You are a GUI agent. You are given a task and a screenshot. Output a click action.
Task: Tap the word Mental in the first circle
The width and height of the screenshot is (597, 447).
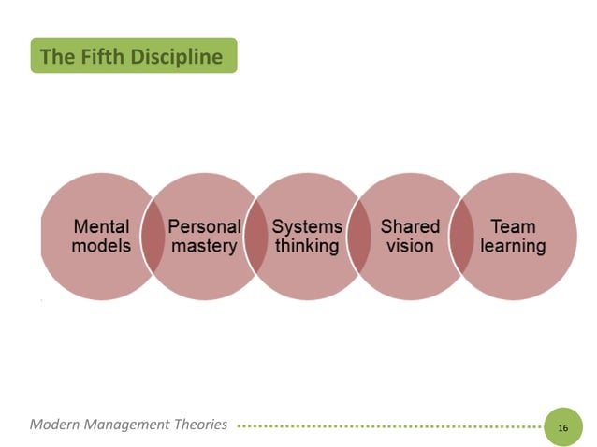[101, 226]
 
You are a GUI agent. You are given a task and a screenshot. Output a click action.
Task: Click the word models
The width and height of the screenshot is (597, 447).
[101, 247]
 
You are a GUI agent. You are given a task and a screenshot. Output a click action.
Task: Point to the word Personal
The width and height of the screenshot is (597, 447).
[204, 226]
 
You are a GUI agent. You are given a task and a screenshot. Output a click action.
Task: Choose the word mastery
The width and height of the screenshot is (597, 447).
[204, 247]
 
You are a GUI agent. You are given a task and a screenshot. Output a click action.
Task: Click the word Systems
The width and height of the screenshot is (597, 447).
[307, 226]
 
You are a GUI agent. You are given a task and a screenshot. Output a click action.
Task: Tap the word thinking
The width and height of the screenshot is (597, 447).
[307, 247]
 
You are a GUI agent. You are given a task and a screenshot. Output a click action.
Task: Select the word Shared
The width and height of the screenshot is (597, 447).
[410, 226]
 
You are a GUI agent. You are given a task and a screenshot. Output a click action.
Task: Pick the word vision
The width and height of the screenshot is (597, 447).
[410, 247]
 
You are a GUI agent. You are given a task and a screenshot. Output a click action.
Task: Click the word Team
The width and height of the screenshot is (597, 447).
[513, 226]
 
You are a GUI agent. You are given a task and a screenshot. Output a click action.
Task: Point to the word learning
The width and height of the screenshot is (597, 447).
[513, 247]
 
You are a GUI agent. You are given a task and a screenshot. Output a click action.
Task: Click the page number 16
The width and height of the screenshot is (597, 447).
[562, 427]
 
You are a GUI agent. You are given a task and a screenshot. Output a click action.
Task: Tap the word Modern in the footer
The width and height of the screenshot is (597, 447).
[54, 425]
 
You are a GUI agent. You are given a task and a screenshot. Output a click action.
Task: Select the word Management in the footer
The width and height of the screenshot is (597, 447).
[126, 425]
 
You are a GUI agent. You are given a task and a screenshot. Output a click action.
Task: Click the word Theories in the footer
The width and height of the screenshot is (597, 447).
[200, 425]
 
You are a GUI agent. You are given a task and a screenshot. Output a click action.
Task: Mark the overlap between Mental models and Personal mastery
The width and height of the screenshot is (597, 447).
[153, 237]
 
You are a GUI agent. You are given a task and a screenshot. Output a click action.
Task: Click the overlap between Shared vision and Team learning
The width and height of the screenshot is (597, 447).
[461, 237]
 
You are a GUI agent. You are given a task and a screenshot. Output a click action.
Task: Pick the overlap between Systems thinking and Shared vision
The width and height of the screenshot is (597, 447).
[358, 237]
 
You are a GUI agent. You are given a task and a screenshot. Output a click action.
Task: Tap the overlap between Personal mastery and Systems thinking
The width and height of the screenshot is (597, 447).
[255, 237]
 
